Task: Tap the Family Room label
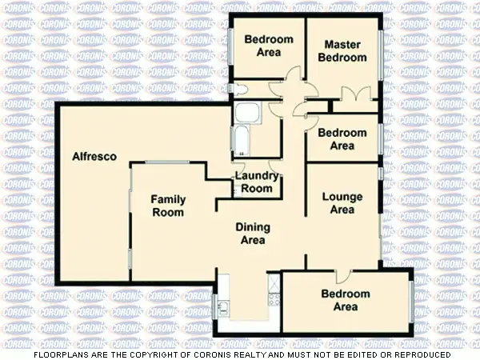pos(169,206)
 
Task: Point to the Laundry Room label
pos(257,182)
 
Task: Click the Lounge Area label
pos(342,203)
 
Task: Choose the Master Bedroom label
pos(342,51)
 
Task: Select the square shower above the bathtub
pos(246,113)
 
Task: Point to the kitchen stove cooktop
pos(274,302)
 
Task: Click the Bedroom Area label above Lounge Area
pos(342,139)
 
